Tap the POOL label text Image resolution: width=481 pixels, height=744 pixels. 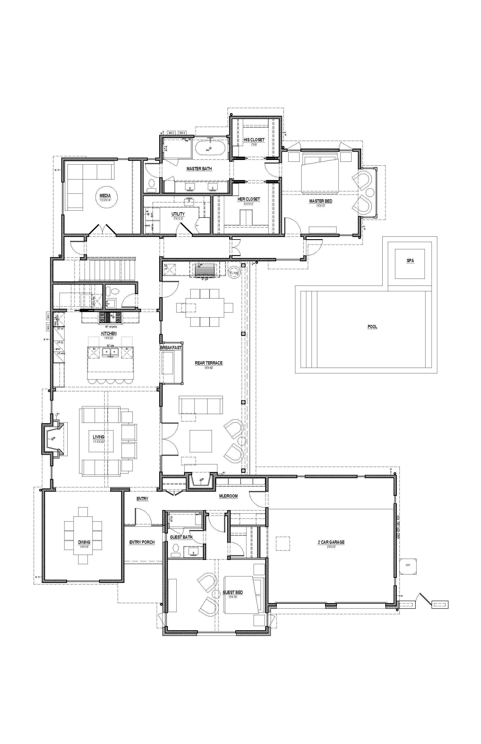pyautogui.click(x=372, y=327)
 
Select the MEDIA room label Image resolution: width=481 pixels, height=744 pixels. pyautogui.click(x=105, y=196)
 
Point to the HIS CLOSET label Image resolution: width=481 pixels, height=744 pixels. pyautogui.click(x=254, y=140)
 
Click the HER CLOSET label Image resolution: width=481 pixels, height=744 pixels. pyautogui.click(x=249, y=199)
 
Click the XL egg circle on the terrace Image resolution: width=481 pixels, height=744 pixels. pyautogui.click(x=234, y=272)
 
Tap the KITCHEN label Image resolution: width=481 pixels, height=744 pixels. pyautogui.click(x=109, y=333)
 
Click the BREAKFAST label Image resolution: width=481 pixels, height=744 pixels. pyautogui.click(x=171, y=348)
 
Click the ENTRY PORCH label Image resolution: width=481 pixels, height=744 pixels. pyautogui.click(x=142, y=542)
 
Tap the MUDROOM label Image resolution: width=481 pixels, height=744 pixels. pyautogui.click(x=228, y=496)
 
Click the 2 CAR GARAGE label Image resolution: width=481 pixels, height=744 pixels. pyautogui.click(x=331, y=542)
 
